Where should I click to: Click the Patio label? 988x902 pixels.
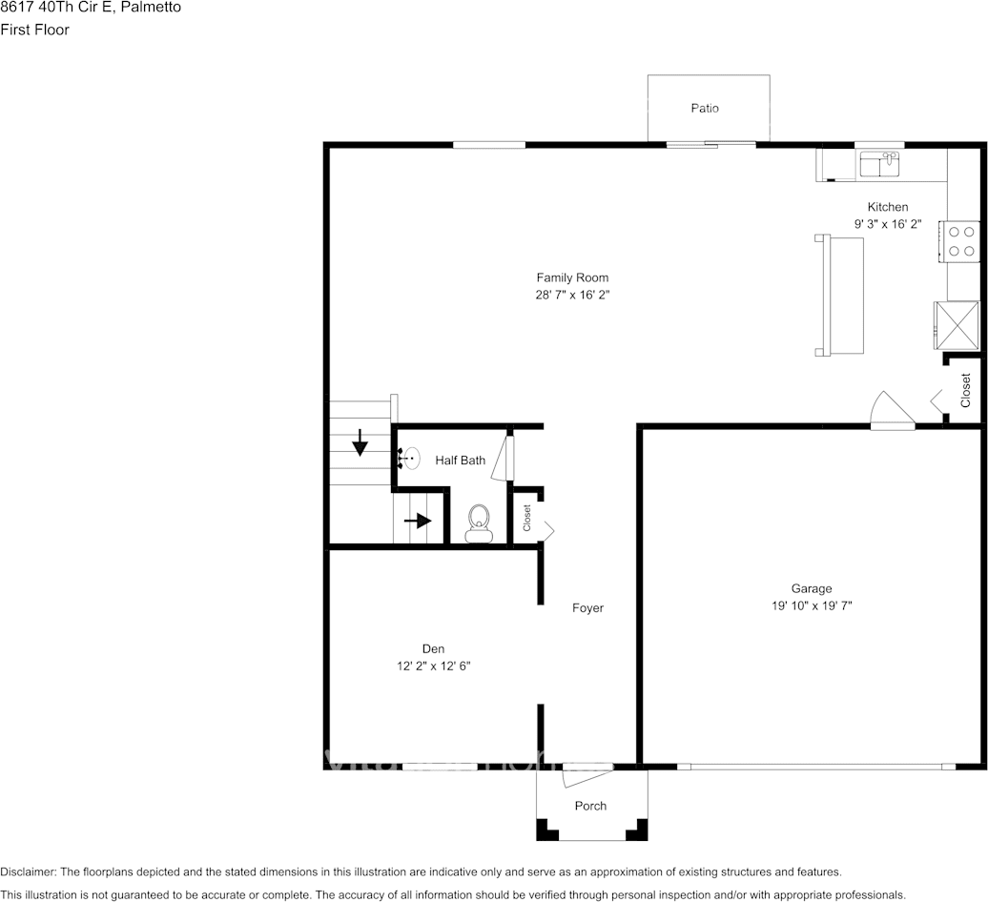coord(705,109)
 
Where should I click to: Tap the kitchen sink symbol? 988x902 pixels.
coord(879,164)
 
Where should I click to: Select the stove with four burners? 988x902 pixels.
coord(961,240)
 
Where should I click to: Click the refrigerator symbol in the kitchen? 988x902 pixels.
coord(957,325)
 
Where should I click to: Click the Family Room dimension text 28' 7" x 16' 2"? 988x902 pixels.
coord(572,296)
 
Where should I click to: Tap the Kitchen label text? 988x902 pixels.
coord(887,207)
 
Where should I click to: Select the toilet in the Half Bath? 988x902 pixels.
coord(479,523)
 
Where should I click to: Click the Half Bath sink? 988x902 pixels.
coord(410,460)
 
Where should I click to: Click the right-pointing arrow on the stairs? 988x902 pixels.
coord(418,521)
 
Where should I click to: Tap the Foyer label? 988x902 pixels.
coord(587,608)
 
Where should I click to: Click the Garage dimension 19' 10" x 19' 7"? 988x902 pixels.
coord(811,605)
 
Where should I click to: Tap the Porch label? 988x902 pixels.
coord(590,806)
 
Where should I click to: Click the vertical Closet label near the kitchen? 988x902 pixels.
coord(966,390)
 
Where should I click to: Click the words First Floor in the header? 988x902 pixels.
coord(34,30)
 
